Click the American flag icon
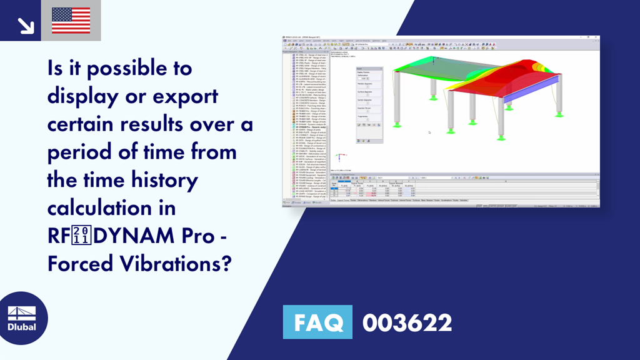[71, 20]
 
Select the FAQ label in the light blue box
[317, 323]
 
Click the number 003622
[407, 323]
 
